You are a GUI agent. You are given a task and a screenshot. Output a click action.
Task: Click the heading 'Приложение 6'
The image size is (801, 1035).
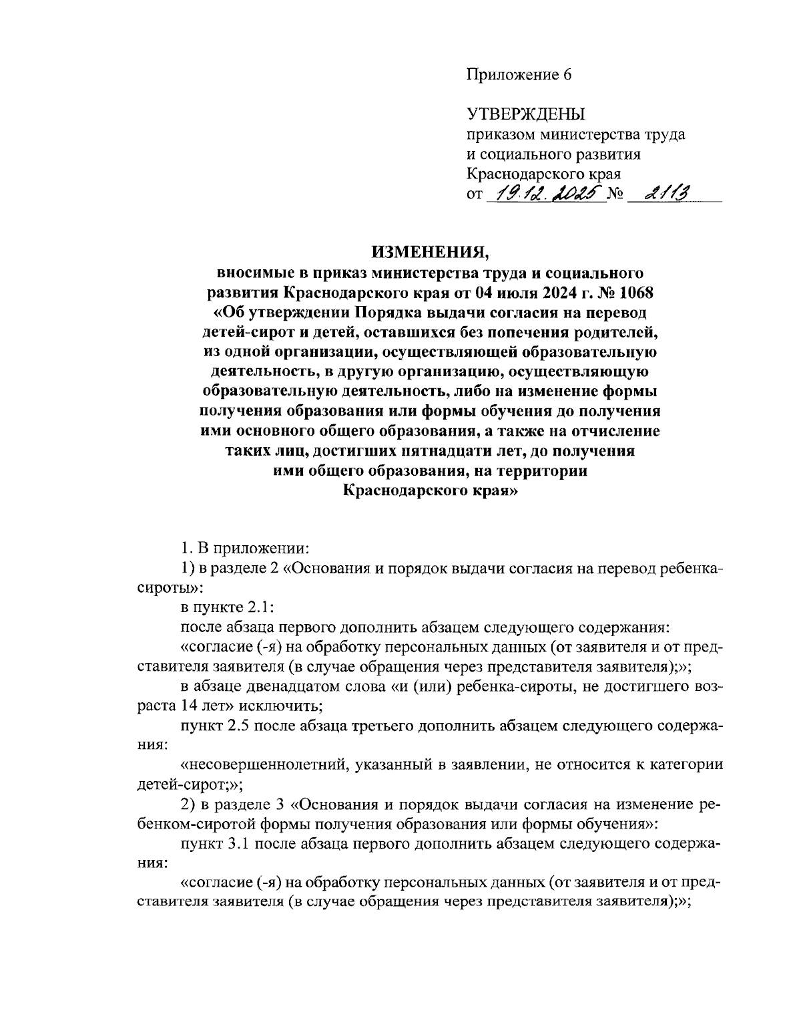coord(518,74)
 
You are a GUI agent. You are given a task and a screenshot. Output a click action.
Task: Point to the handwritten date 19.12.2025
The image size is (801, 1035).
coord(545,194)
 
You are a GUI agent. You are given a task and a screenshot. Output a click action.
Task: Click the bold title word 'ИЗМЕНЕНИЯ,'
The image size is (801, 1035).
coord(431,252)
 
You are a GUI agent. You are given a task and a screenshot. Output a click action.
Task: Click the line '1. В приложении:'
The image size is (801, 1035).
coord(244,549)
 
